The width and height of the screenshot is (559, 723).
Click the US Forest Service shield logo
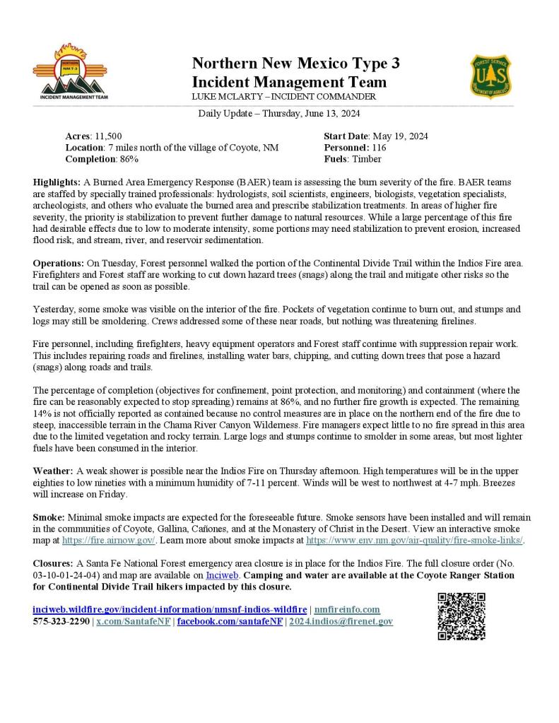point(491,76)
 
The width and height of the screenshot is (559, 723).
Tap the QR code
point(461,616)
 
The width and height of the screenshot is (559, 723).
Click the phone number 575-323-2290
point(61,621)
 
